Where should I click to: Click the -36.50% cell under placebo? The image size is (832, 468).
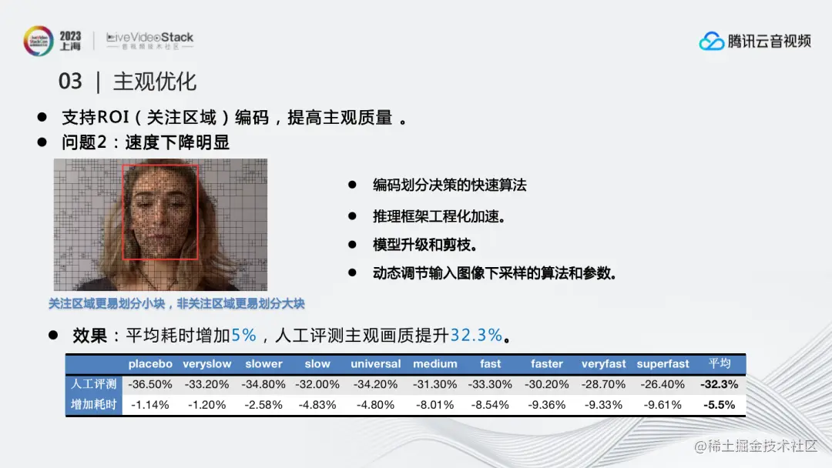(150, 384)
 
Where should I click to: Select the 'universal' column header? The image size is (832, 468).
(375, 364)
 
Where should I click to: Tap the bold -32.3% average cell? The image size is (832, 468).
(719, 384)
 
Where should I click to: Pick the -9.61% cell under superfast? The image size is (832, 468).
(663, 405)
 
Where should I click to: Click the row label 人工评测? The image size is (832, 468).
(93, 384)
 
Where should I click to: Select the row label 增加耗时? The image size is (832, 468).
(93, 405)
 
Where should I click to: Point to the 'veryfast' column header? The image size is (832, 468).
(603, 364)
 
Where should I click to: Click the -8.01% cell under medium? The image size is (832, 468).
(434, 405)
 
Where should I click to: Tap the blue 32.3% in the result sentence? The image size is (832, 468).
(476, 335)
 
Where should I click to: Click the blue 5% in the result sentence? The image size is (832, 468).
(243, 335)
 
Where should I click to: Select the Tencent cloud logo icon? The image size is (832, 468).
(711, 41)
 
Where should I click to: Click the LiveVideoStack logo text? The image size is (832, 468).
(149, 38)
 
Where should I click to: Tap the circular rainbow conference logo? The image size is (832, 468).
(39, 41)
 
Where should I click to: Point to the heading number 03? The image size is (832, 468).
(70, 82)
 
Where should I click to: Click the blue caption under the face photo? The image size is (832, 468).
(176, 304)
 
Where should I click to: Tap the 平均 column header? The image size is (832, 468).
(720, 363)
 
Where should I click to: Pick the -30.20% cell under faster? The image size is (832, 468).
(546, 384)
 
